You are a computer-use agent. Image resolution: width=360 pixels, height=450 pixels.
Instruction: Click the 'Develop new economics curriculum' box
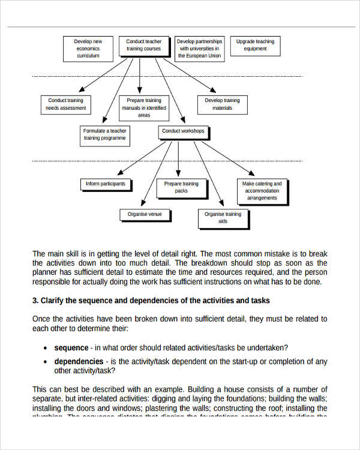pyautogui.click(x=88, y=49)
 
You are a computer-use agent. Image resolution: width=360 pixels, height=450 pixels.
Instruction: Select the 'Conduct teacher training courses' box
pyautogui.click(x=143, y=45)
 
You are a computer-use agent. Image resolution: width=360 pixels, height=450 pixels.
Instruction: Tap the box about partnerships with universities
pyautogui.click(x=199, y=49)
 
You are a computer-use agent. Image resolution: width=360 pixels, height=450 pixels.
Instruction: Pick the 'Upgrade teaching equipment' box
pyautogui.click(x=255, y=46)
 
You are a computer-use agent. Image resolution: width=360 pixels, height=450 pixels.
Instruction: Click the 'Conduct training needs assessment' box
pyautogui.click(x=66, y=104)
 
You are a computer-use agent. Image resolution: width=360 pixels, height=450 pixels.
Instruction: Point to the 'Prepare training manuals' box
pyautogui.click(x=144, y=108)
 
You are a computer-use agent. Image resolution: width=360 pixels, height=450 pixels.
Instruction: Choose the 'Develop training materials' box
pyautogui.click(x=222, y=104)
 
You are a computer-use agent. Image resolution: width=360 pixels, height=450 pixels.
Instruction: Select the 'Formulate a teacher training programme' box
pyautogui.click(x=105, y=134)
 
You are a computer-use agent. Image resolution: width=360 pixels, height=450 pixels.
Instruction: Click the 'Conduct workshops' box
pyautogui.click(x=183, y=131)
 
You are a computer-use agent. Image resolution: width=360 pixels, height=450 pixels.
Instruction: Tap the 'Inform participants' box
pyautogui.click(x=106, y=184)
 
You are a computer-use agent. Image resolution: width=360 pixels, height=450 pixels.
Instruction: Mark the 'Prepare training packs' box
pyautogui.click(x=181, y=188)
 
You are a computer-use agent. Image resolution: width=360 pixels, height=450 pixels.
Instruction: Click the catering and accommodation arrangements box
pyautogui.click(x=262, y=191)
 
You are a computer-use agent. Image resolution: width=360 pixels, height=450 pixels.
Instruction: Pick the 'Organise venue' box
pyautogui.click(x=145, y=214)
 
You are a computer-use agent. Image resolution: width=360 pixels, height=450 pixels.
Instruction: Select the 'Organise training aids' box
pyautogui.click(x=223, y=218)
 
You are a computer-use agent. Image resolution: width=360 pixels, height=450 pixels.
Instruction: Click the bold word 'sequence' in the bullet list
pyautogui.click(x=71, y=347)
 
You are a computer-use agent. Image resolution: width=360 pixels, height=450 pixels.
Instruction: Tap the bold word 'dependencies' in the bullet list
pyautogui.click(x=79, y=361)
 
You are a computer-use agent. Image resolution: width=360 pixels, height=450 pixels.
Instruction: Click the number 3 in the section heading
pyautogui.click(x=35, y=301)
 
